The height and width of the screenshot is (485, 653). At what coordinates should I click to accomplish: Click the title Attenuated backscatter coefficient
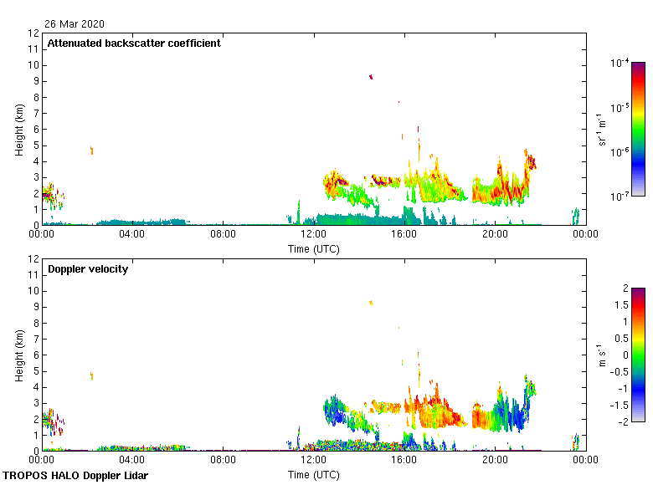(134, 43)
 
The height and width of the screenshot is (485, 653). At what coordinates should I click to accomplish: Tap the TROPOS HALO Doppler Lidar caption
(75, 476)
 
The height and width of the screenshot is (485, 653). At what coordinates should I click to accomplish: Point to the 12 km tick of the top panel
(34, 33)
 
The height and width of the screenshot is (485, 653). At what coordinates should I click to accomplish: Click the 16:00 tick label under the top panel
(404, 234)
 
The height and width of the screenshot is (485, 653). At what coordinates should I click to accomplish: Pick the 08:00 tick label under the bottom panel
(224, 460)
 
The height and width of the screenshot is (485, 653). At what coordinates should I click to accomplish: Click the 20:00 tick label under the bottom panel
(495, 460)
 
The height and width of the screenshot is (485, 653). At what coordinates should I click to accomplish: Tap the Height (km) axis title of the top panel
(18, 130)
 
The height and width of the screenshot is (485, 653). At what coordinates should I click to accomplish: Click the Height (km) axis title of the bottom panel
(18, 355)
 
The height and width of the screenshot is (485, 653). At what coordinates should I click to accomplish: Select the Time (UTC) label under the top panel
(314, 248)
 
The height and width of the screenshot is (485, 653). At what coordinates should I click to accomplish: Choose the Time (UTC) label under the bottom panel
(314, 474)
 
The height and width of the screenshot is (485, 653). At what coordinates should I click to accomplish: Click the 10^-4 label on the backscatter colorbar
(620, 63)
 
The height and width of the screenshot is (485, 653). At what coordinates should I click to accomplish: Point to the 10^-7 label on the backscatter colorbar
(620, 197)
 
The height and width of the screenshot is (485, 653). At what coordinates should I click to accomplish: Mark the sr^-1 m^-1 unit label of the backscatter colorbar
(602, 130)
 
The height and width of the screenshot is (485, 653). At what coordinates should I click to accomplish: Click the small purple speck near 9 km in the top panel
(371, 77)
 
